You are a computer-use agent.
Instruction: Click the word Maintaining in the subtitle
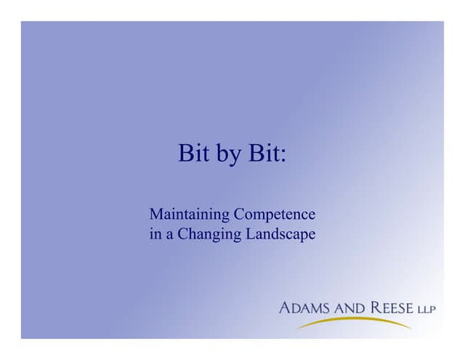tap(189, 215)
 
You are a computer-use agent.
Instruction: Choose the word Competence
tap(275, 216)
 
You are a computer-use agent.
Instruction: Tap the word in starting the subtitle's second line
tap(154, 236)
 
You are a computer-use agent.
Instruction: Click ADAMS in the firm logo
tap(305, 308)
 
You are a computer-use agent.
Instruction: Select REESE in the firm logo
tap(392, 308)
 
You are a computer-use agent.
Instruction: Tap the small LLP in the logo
tap(426, 310)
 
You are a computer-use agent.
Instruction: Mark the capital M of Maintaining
tap(155, 215)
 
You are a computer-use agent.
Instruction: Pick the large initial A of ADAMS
tap(285, 308)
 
